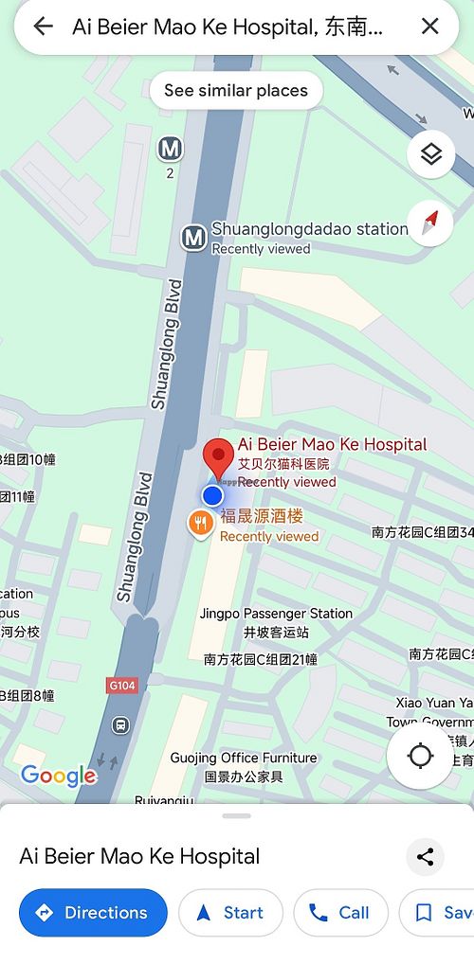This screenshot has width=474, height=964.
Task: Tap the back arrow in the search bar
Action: click(43, 27)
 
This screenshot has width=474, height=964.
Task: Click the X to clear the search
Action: click(430, 27)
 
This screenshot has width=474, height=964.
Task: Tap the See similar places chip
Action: click(236, 91)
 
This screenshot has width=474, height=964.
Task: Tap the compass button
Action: click(430, 223)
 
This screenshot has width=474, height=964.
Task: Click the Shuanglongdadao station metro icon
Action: click(194, 237)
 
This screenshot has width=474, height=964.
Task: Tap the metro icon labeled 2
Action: click(170, 149)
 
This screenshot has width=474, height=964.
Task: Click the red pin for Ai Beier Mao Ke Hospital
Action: click(220, 457)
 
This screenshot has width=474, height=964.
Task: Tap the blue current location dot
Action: click(212, 495)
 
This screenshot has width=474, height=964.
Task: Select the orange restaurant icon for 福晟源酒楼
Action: click(200, 523)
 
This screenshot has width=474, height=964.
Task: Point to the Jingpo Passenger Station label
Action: click(276, 614)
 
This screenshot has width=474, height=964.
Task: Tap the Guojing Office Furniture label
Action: click(244, 758)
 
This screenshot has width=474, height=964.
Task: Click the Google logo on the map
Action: click(59, 777)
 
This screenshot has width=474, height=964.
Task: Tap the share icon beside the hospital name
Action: click(425, 858)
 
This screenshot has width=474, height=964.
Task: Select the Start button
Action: click(230, 913)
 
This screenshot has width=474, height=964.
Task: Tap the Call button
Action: click(340, 913)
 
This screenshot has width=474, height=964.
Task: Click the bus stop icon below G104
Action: click(120, 725)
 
